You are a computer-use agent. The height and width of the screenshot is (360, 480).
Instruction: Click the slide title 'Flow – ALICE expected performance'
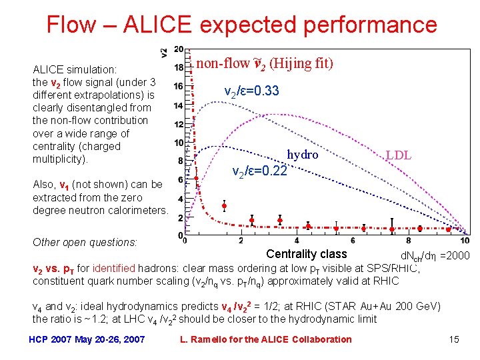[x=241, y=25]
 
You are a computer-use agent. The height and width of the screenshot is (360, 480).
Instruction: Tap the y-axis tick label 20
[x=179, y=49]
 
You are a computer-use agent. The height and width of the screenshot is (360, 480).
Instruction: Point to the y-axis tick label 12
[x=179, y=124]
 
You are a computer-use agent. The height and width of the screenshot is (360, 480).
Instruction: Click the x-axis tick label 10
[x=465, y=241]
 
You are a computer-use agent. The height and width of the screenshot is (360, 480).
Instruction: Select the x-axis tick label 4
[x=297, y=241]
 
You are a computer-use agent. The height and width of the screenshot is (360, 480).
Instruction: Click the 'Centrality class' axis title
[x=306, y=254]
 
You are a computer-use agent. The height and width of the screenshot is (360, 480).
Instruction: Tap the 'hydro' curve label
[x=303, y=155]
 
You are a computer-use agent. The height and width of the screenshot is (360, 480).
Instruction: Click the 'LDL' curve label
[x=398, y=156]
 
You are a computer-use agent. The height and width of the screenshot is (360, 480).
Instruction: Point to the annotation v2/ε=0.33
[x=251, y=91]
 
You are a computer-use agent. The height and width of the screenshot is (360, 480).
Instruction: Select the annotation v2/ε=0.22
[x=259, y=172]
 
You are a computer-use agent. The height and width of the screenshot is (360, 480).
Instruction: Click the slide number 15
[x=454, y=339]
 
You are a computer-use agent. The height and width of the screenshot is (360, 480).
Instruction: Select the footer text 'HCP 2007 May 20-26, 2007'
[x=87, y=339]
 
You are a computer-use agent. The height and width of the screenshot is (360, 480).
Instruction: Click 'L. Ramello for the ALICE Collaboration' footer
[x=266, y=339]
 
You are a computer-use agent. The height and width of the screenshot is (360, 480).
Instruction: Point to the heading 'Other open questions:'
[x=85, y=243]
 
